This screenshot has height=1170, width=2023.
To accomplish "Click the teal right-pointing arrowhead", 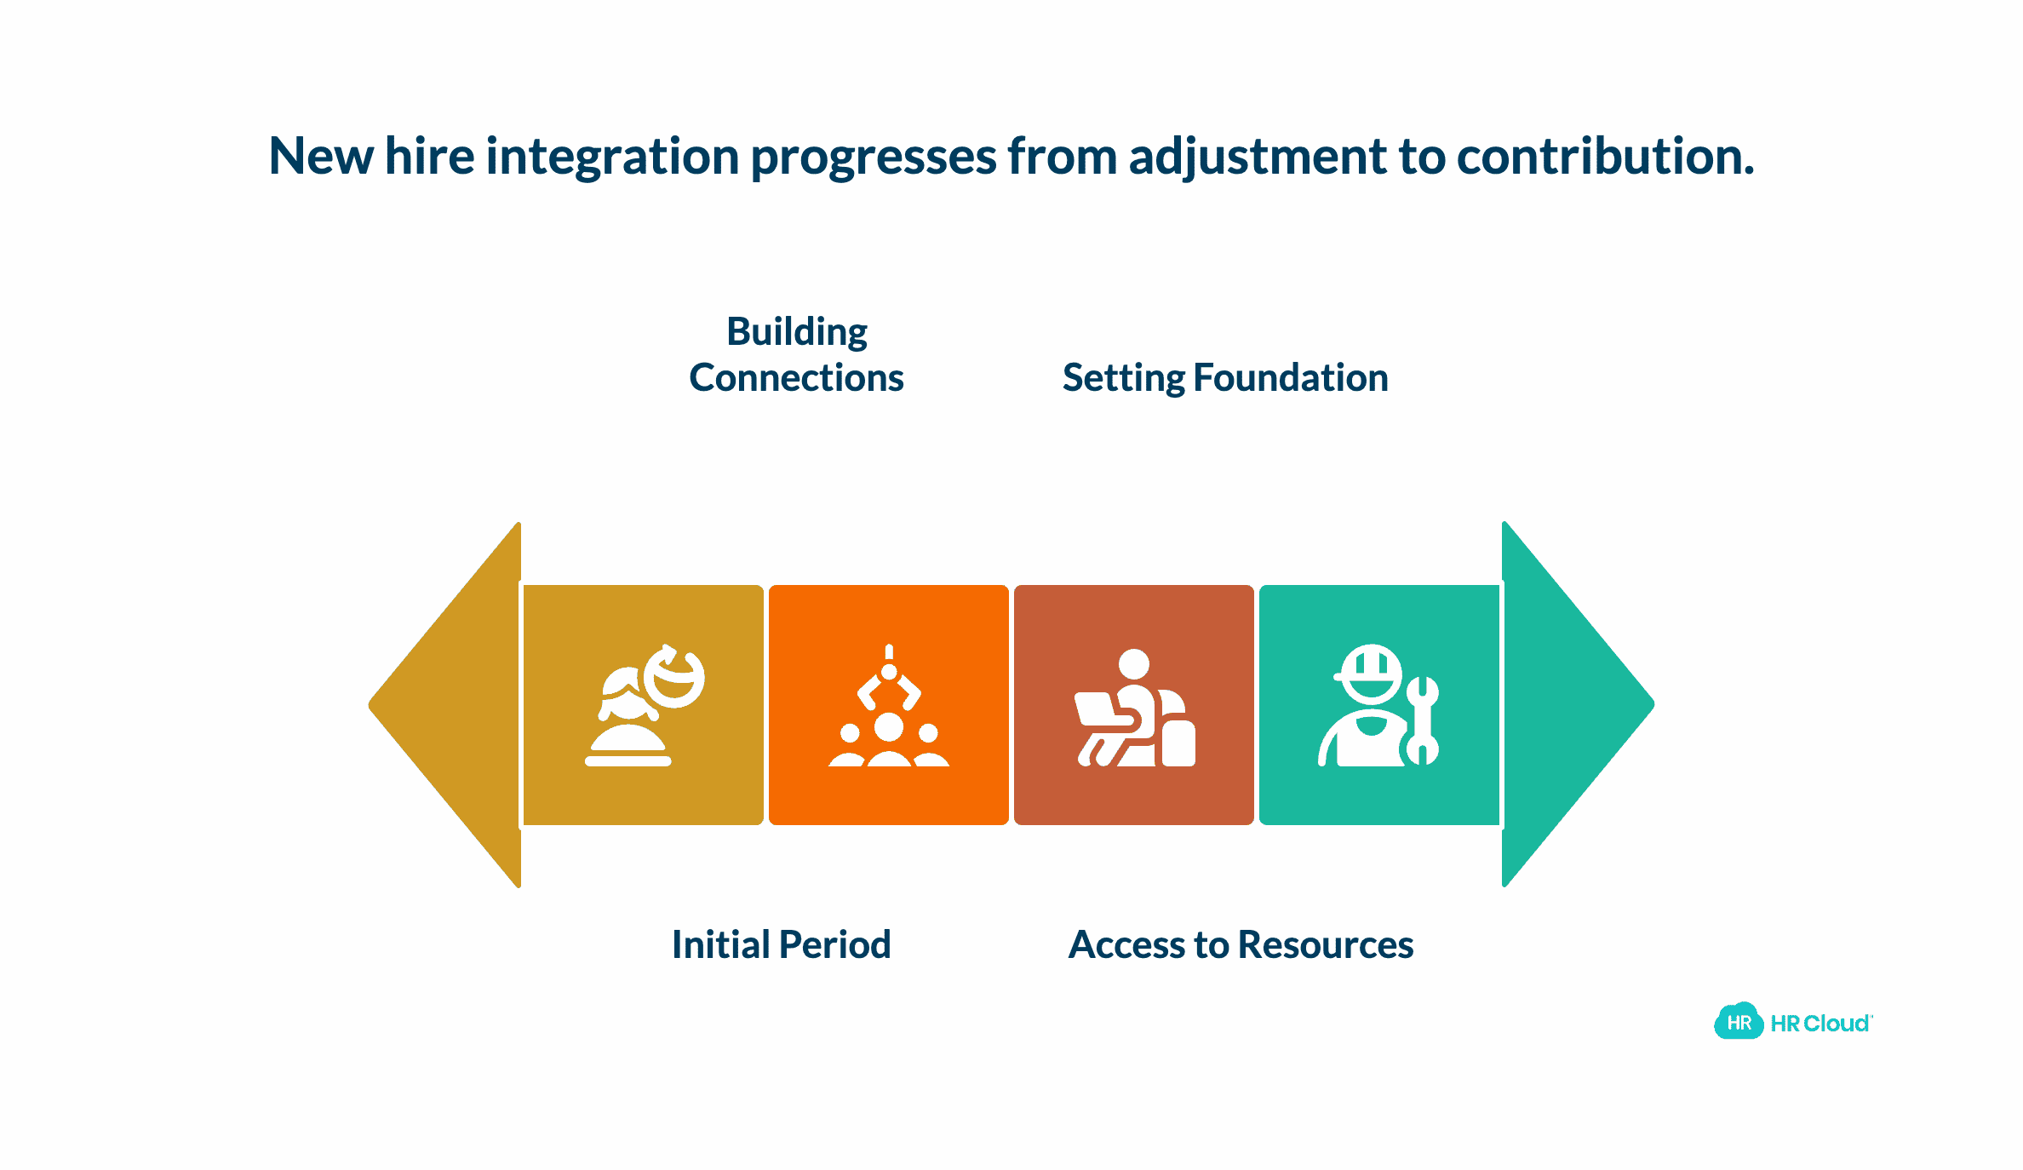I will pos(1567,705).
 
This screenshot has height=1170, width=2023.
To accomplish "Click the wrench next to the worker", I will pos(1422,720).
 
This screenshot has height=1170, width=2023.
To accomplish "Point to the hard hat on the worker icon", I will pos(1371,664).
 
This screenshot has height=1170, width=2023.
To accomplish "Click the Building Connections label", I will pos(796,354).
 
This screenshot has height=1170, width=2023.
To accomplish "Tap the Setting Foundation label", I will pos(1225,378).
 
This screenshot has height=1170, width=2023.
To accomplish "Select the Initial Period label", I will pos(781,944).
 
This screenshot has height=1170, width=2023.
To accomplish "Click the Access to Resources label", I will pos(1241,944).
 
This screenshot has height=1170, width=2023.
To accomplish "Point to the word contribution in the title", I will pos(1604,157).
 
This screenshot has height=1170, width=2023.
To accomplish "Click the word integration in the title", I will pos(612,158).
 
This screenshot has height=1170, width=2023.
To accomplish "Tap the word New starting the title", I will pos(321,157).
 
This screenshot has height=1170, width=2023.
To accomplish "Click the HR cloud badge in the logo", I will pos(1738,1022).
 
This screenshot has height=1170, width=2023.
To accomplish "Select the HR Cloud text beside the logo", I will pos(1820,1024).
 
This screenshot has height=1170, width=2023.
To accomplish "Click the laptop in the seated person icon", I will pos(1098,711).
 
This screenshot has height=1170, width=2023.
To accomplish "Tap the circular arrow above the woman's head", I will pos(674,676).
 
